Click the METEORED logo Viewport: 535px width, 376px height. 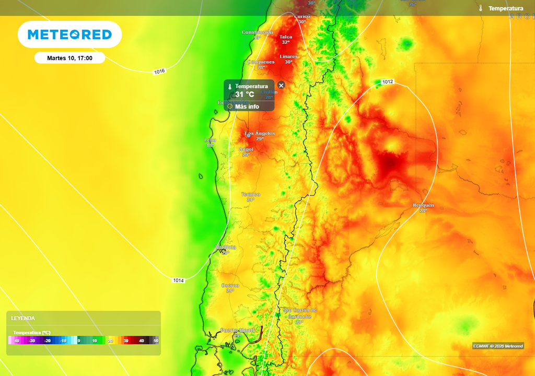click(x=69, y=34)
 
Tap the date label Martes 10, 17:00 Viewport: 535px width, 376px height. click(x=69, y=58)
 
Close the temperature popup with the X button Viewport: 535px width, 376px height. click(x=281, y=85)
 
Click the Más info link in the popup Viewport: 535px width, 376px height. click(x=247, y=107)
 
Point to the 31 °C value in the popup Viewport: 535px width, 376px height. click(x=245, y=95)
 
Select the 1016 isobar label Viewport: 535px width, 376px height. click(x=159, y=72)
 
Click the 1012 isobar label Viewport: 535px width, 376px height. click(x=387, y=82)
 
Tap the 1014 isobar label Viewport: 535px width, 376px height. click(x=178, y=280)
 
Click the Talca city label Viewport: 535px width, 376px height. click(x=286, y=37)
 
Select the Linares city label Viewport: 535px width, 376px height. click(x=288, y=56)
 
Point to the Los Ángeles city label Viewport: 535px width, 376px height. click(x=260, y=133)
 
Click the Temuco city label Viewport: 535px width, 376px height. click(x=250, y=194)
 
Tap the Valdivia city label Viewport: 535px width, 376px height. click(x=225, y=247)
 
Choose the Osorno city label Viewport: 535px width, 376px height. click(x=230, y=285)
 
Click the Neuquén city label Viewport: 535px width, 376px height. click(x=423, y=205)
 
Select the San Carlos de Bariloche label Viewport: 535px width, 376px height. click(x=299, y=313)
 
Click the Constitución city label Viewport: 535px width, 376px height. click(x=257, y=32)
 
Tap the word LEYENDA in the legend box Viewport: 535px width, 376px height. click(x=23, y=318)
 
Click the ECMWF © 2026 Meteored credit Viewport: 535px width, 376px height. click(x=498, y=346)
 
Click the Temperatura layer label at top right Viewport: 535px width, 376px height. click(x=505, y=8)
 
